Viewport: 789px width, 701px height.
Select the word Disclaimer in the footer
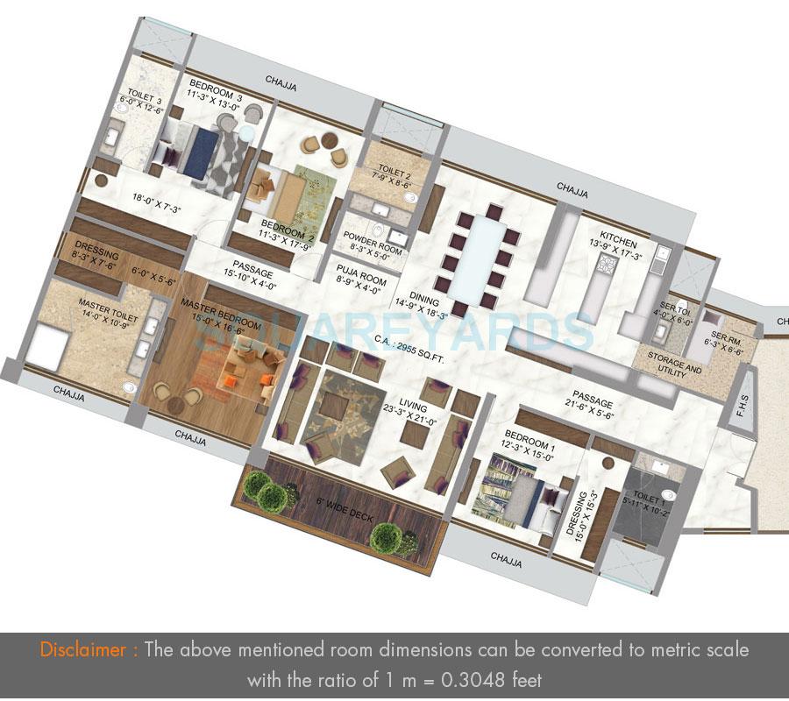89,650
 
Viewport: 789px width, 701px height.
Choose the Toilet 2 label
390,175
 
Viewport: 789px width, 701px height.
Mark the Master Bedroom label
221,313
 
